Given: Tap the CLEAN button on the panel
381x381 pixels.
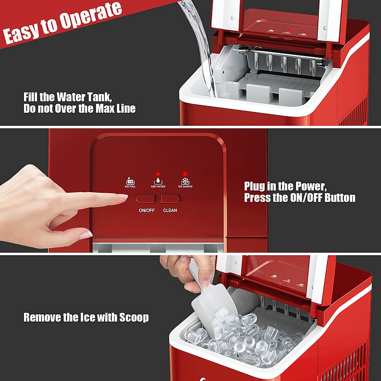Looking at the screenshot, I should [170, 199].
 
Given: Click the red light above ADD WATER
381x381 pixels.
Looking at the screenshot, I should [158, 173].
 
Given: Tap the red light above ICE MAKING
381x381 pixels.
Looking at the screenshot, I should [185, 173].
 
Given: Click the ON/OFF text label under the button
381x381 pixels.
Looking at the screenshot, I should [147, 210].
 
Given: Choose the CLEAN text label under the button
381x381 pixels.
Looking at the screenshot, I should [170, 210].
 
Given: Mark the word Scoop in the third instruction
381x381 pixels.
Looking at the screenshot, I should [134, 317].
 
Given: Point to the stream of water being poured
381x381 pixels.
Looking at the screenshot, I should [202, 46].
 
